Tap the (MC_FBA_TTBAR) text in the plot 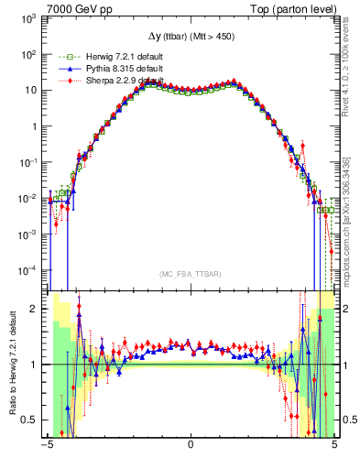click(190, 274)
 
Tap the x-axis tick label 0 click(190, 446)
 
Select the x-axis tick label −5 click(48, 446)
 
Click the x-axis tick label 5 click(333, 446)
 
